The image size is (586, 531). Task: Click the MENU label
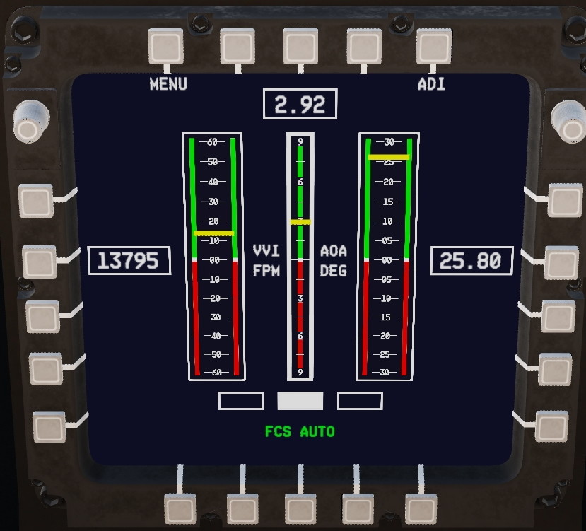tap(168, 83)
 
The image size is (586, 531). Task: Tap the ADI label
tap(431, 83)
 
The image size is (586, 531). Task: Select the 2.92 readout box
tap(300, 104)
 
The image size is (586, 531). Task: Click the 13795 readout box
tap(129, 261)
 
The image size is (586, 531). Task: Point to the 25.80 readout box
tap(471, 261)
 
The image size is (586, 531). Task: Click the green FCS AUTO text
tap(300, 431)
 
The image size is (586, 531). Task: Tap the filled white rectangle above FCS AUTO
tap(300, 401)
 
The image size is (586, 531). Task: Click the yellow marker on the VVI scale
tap(213, 233)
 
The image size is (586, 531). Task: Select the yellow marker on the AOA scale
tap(389, 157)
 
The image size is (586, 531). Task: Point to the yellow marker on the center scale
tap(300, 222)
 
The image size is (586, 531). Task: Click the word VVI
tap(266, 250)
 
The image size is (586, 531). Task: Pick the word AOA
tap(334, 250)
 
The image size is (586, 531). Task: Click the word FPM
tap(266, 271)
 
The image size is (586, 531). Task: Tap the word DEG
tap(334, 271)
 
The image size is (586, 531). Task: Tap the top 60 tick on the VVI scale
tap(212, 142)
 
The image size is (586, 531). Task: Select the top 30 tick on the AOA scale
tap(389, 142)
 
